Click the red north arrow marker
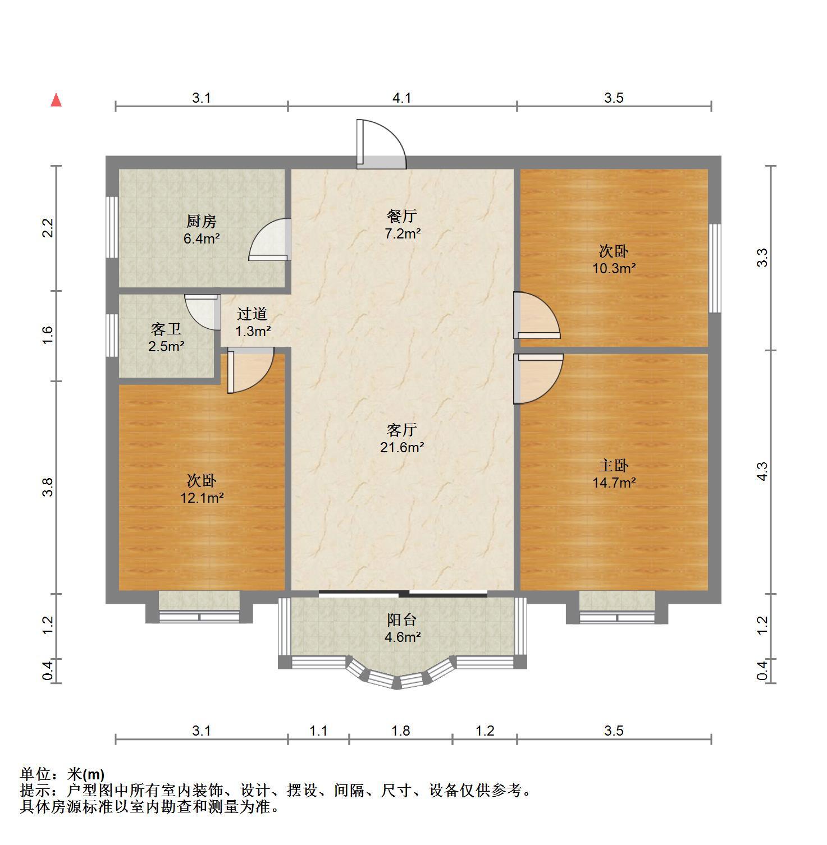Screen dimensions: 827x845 56,100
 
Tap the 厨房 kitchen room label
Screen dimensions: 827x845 202,222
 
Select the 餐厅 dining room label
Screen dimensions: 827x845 402,216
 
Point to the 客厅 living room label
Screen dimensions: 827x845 402,430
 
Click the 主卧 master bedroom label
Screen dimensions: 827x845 614,465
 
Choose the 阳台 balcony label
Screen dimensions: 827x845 402,620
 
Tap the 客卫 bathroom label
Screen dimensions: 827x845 166,329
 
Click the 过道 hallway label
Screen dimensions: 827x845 252,314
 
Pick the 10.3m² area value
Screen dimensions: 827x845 614,268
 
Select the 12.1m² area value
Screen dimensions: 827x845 202,498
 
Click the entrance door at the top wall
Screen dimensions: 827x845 381,144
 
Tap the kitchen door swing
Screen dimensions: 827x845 269,240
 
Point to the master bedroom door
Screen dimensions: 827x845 538,379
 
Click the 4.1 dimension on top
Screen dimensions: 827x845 402,98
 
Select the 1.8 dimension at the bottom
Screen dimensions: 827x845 401,731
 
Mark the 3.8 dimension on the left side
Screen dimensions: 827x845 48,486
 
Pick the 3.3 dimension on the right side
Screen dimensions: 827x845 762,258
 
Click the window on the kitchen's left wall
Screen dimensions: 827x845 112,227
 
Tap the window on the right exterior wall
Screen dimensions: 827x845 715,268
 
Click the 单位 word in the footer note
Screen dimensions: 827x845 35,775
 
